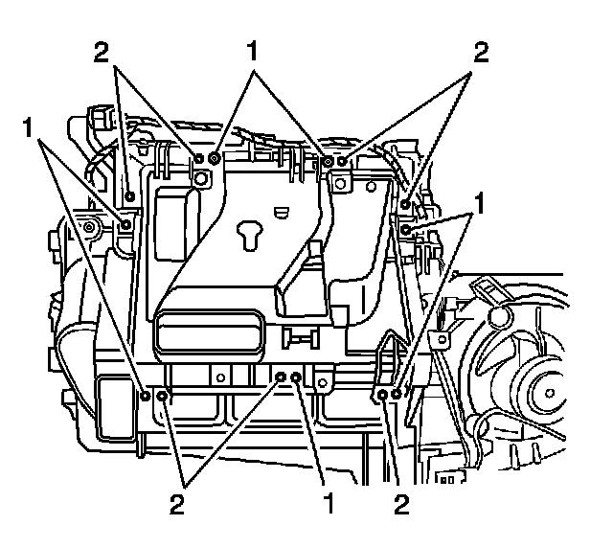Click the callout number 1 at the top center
coord(252,54)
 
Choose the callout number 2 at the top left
coord(102,54)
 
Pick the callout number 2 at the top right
coord(479,54)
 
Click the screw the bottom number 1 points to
coord(297,379)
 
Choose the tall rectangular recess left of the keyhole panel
coord(172,222)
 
